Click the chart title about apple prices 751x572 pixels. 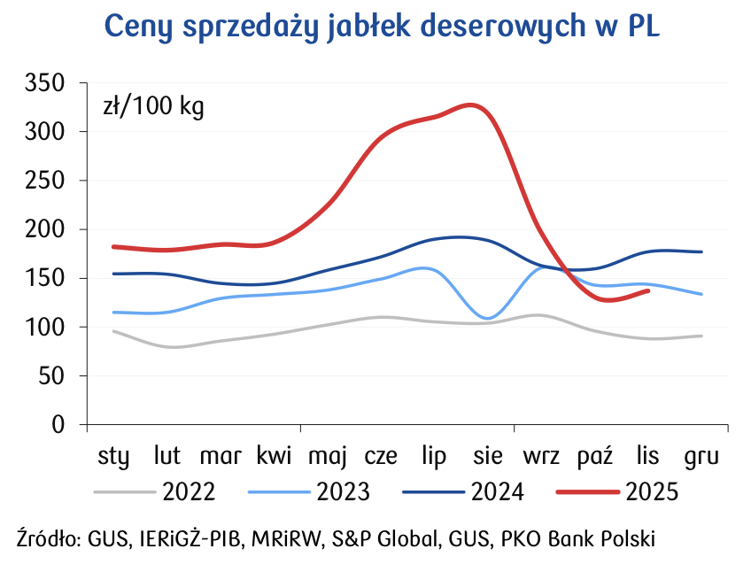[382, 27]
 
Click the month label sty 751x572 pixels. [113, 457]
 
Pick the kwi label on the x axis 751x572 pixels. [275, 457]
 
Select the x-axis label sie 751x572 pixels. [488, 457]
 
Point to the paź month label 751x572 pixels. [595, 457]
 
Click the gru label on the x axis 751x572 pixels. [701, 457]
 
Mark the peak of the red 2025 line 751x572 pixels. [472, 105]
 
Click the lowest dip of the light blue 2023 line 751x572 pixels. [488, 317]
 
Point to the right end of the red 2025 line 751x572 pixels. [648, 290]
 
